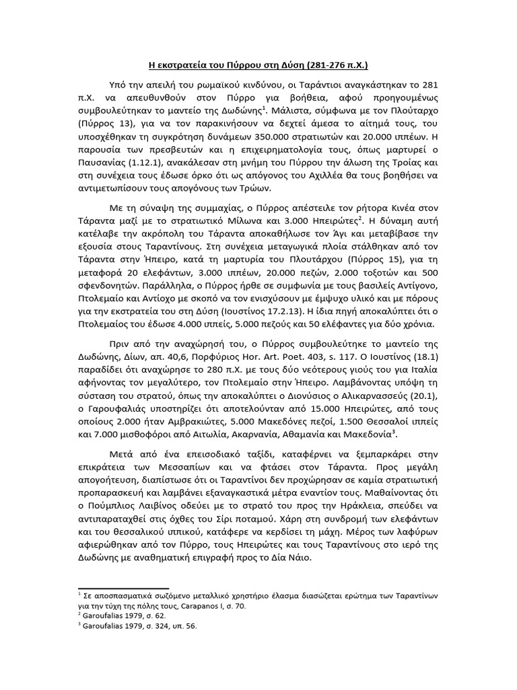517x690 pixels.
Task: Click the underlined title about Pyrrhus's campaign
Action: (258, 65)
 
